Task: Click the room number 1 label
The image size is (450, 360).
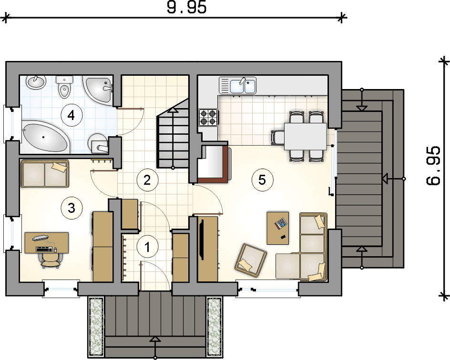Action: [147, 247]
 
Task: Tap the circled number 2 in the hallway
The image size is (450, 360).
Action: [147, 180]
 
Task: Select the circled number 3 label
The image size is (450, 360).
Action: [72, 208]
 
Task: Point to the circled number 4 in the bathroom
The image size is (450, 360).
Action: [72, 116]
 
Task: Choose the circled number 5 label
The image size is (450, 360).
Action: [262, 180]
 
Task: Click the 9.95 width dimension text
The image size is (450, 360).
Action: [187, 8]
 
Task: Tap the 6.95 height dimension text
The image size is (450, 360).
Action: [433, 166]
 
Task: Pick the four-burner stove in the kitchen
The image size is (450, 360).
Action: [208, 118]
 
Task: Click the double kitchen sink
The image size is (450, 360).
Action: [237, 85]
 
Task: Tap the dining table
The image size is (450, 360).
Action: [306, 136]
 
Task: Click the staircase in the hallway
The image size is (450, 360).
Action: [173, 133]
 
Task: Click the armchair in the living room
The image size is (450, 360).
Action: [251, 258]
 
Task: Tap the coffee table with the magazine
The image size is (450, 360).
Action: [278, 228]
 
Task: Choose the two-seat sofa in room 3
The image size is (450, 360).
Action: [44, 174]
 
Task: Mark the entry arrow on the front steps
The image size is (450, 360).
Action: [155, 348]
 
